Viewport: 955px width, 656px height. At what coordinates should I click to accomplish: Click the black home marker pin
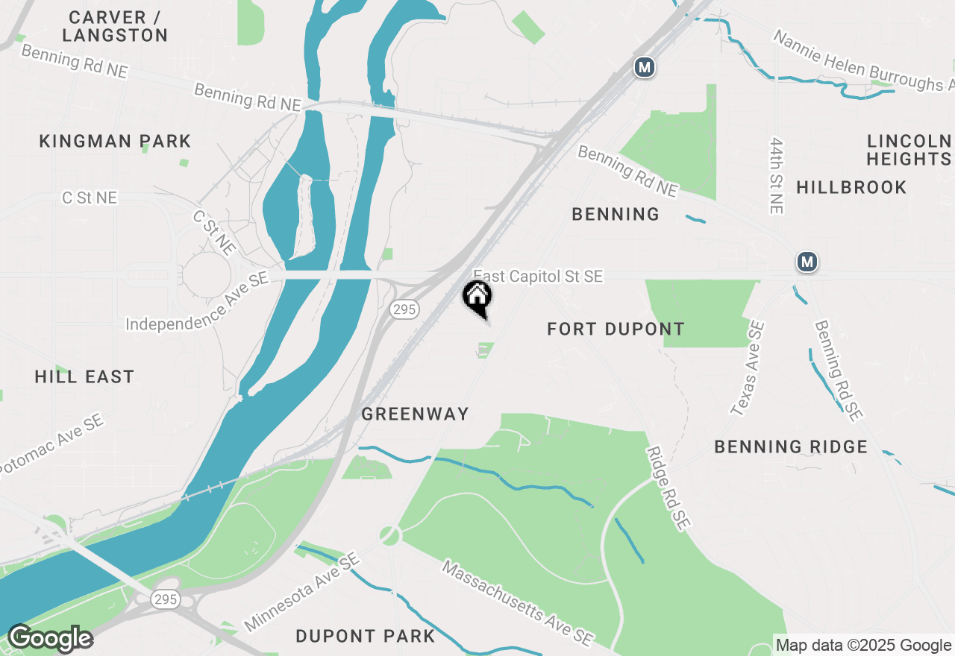coord(477,297)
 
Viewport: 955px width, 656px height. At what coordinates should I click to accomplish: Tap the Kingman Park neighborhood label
coord(115,141)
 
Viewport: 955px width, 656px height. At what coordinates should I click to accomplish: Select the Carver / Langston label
coord(115,26)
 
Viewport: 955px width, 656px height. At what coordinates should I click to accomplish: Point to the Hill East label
coord(84,376)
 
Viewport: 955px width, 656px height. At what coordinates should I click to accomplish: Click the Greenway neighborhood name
coord(415,414)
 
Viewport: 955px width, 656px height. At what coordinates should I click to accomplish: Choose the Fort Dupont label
coord(616,329)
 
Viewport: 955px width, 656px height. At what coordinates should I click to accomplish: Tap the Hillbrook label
coord(851,187)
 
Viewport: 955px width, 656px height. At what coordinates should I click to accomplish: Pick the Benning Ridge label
coord(791,447)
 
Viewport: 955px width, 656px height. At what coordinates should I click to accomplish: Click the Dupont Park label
coord(366,636)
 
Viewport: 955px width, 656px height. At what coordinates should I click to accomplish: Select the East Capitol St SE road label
coord(538,277)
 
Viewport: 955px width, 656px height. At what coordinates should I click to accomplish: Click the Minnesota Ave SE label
coord(302,593)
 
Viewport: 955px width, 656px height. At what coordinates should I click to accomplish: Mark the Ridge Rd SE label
coord(667,489)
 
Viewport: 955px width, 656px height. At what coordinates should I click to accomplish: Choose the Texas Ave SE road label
coord(748,368)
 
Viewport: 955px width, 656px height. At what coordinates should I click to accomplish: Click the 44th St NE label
coord(777,175)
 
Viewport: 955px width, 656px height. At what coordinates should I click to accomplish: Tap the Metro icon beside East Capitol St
coord(807,262)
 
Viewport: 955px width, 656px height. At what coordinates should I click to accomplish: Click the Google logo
coord(50,639)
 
